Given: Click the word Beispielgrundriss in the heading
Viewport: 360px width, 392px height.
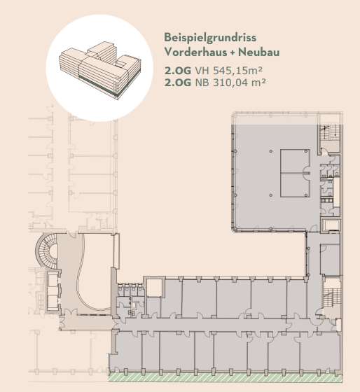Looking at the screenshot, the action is click(210, 38).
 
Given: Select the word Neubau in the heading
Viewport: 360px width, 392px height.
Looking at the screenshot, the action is click(258, 52).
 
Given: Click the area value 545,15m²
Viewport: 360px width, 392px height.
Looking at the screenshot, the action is click(237, 71).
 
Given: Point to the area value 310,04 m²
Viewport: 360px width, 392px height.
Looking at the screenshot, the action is click(239, 83).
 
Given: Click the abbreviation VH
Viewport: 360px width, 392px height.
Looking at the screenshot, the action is click(202, 71).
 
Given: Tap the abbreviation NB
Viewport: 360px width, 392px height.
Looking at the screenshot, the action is click(202, 83).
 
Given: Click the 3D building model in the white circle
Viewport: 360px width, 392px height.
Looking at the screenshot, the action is click(100, 70).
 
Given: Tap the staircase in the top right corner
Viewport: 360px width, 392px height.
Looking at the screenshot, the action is click(329, 132).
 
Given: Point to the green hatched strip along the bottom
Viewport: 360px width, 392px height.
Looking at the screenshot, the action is click(225, 377).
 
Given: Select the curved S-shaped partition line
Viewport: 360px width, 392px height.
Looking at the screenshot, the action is click(83, 275).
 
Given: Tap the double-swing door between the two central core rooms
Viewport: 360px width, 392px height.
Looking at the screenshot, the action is click(306, 173).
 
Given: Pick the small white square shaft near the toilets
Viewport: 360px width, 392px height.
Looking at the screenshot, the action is click(155, 288).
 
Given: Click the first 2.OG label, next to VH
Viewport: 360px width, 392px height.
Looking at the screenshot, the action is click(178, 71).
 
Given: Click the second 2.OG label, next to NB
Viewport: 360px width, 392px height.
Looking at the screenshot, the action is click(178, 83).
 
